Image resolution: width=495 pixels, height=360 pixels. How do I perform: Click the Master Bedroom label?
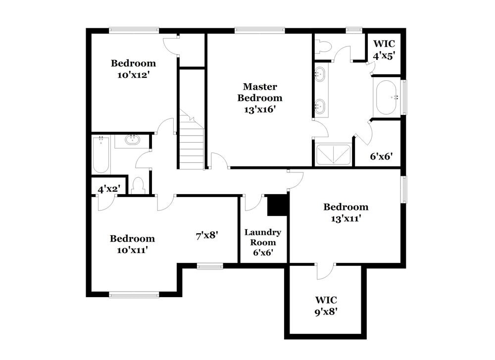click(x=260, y=92)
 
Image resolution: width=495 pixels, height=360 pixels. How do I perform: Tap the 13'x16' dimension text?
click(x=260, y=109)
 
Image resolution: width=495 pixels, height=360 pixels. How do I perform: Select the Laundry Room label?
click(x=263, y=237)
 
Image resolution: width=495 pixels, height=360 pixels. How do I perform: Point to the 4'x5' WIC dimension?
click(x=384, y=56)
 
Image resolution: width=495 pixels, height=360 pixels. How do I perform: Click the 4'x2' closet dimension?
click(x=109, y=189)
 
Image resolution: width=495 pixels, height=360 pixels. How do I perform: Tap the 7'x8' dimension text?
click(x=207, y=236)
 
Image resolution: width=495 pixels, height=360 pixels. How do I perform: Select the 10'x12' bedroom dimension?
click(x=133, y=75)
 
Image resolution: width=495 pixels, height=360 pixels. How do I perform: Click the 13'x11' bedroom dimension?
click(x=346, y=218)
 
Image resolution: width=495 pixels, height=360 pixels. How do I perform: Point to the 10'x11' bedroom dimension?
click(x=132, y=250)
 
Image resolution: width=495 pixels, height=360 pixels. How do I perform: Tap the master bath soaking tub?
click(x=387, y=98)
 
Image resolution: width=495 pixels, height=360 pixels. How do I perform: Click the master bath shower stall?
click(x=333, y=154)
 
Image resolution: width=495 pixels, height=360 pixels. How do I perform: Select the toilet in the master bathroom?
click(x=323, y=47)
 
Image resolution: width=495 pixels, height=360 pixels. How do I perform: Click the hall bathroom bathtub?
click(x=101, y=154)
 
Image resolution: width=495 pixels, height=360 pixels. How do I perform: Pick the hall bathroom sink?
click(x=132, y=141)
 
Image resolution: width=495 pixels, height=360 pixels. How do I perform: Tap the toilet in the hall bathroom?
click(x=138, y=186)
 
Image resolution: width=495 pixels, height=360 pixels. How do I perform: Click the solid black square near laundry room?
click(x=278, y=205)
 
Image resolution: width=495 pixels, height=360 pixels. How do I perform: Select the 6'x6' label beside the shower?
click(x=382, y=157)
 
